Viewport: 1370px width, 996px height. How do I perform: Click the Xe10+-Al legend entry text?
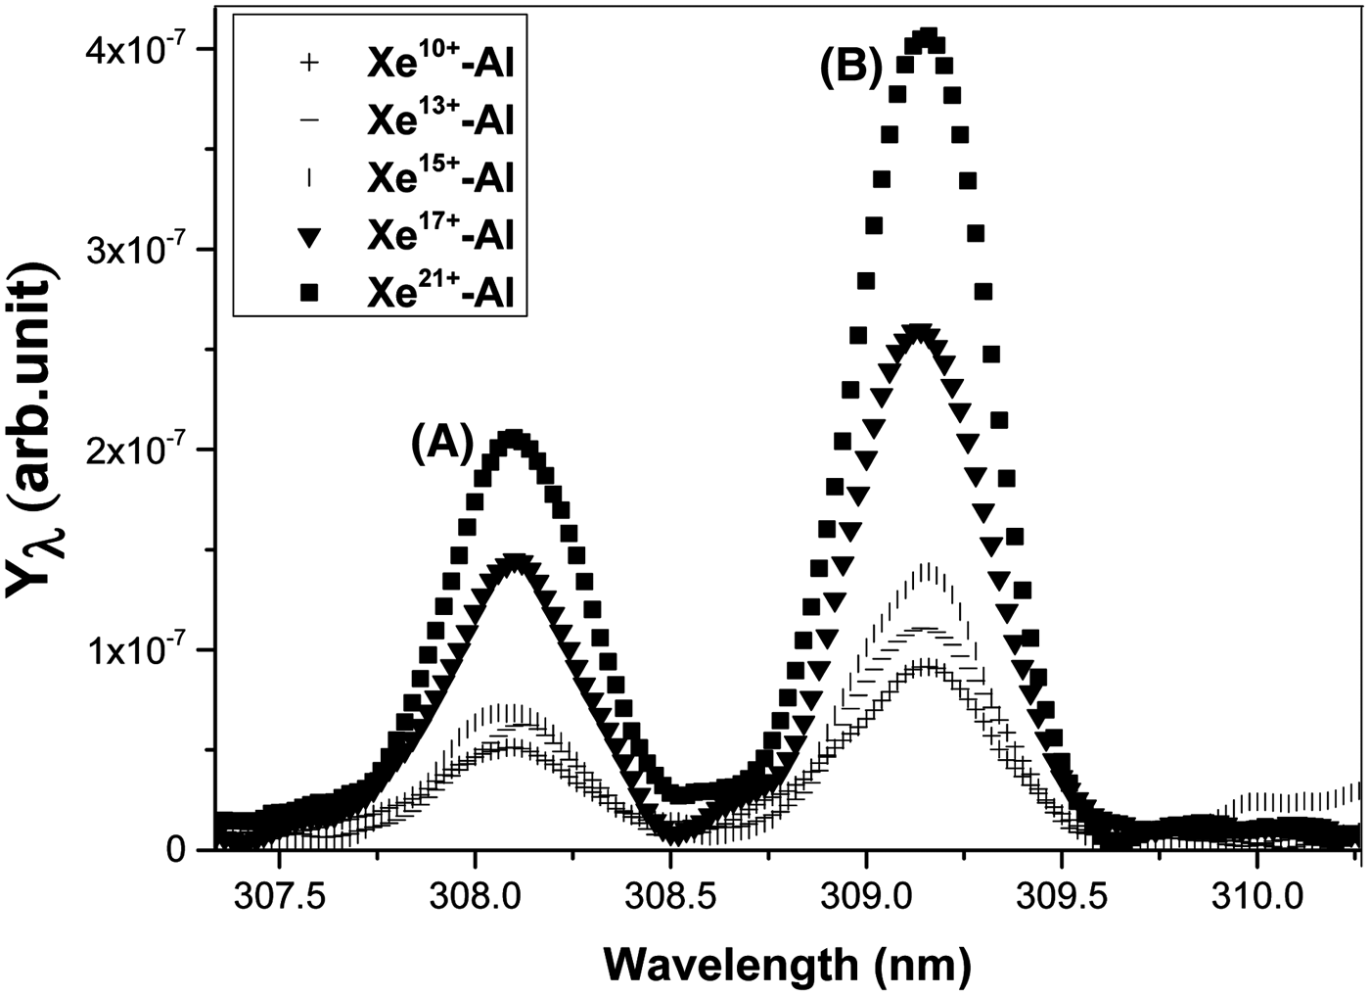coord(440,65)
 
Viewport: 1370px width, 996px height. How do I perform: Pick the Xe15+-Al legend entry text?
coord(440,178)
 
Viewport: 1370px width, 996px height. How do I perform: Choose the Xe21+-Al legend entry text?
coord(440,293)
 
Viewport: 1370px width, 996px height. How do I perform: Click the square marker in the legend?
coord(308,293)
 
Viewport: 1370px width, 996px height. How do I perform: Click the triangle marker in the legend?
coord(308,236)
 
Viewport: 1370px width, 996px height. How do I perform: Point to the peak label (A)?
coord(441,444)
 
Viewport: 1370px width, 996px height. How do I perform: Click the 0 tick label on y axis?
coord(175,850)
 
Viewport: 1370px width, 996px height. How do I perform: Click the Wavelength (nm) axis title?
coord(787,965)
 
